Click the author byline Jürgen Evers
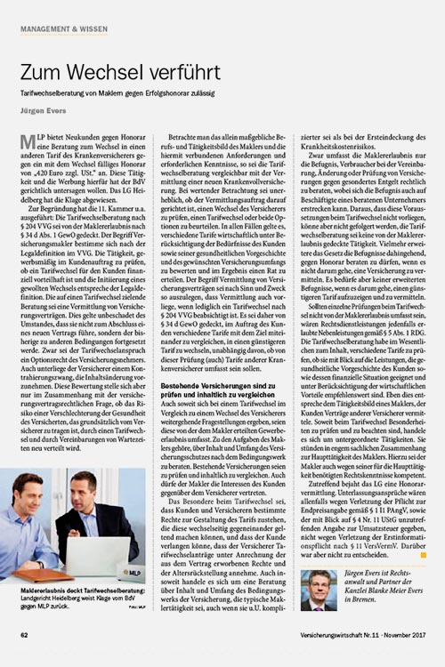tap(45, 114)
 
